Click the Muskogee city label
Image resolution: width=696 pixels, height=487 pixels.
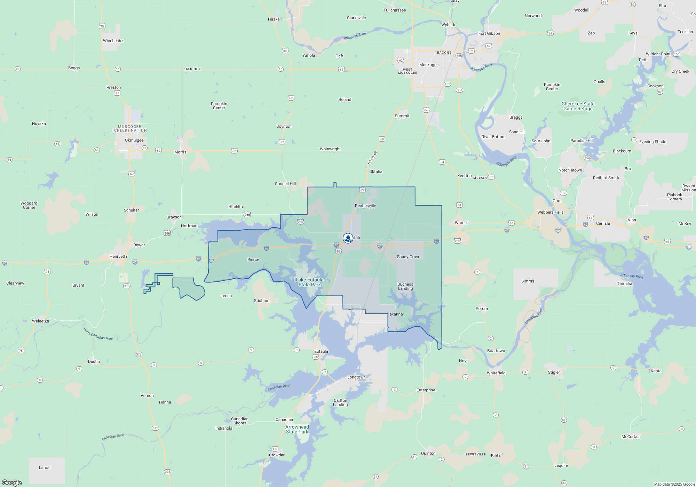tap(429, 65)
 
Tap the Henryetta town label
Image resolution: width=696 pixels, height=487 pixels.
tap(118, 256)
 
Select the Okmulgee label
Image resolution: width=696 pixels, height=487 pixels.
tap(134, 140)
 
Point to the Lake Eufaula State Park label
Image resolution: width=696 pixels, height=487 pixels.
tap(309, 282)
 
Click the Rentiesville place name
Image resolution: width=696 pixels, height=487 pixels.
tap(365, 206)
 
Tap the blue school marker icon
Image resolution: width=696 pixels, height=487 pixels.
tap(348, 238)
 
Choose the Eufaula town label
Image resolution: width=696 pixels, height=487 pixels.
tap(321, 351)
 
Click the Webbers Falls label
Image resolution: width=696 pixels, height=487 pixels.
tap(550, 212)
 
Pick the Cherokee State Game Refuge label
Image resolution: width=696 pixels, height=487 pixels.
tap(578, 106)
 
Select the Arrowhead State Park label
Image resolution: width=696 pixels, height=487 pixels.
tap(297, 429)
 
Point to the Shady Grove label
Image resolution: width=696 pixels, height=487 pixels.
tap(409, 257)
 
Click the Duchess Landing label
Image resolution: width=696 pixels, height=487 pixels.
tap(405, 286)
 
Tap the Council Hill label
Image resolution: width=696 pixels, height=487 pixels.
tap(285, 184)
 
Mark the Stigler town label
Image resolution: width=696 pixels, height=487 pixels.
tap(554, 372)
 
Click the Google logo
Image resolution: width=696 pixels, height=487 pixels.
tap(12, 482)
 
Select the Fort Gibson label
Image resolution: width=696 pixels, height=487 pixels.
tap(489, 33)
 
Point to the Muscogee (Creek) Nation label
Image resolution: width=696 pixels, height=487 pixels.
tap(129, 129)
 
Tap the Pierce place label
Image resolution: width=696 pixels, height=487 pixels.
tap(253, 260)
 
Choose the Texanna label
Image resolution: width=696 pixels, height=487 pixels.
tap(395, 314)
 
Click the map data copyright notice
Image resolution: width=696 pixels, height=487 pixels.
tap(674, 484)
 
